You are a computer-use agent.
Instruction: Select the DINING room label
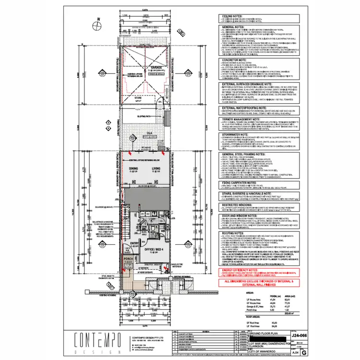point(133,168)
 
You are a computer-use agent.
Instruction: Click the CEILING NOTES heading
point(231,16)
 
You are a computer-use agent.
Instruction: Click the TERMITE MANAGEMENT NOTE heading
point(243,118)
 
